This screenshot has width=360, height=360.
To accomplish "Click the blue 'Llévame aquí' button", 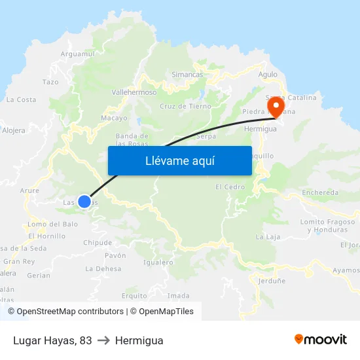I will tap(179, 160).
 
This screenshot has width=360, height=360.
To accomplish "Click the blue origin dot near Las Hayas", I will tap(84, 202).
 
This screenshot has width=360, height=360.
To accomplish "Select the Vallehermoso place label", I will tap(134, 92).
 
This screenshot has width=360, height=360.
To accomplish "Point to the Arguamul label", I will tap(77, 54).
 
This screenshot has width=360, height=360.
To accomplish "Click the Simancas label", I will tap(187, 75).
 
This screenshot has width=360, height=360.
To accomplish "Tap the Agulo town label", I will tap(268, 75).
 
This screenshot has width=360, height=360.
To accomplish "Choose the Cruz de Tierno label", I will tap(185, 106).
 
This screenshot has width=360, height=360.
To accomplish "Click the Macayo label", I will tap(114, 118).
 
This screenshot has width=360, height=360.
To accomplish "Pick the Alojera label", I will tap(14, 130).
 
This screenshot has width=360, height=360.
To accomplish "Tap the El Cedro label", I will tap(230, 187).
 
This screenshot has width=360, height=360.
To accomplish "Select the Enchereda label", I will tap(320, 193).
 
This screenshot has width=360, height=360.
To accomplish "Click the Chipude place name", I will tap(98, 243).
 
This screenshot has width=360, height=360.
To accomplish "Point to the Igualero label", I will tap(158, 262).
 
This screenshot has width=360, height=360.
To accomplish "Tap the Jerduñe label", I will tap(272, 281).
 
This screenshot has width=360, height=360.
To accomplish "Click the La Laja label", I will tap(268, 236).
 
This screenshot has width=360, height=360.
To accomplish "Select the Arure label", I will tap(29, 190).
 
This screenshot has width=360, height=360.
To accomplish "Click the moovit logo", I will tap(321, 340).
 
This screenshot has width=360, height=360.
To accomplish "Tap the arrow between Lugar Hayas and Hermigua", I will tap(103, 340).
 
